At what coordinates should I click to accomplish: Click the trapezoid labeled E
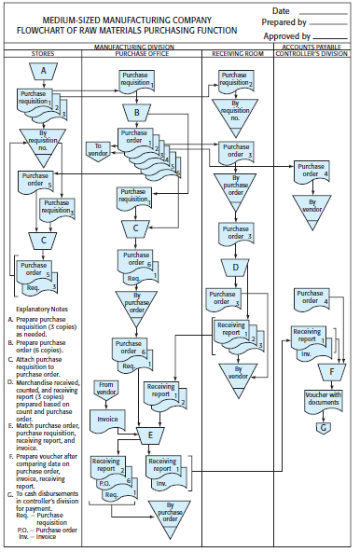[x=149, y=434]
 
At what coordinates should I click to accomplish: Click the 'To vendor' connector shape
[x=100, y=149]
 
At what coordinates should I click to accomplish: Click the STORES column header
[x=42, y=54]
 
